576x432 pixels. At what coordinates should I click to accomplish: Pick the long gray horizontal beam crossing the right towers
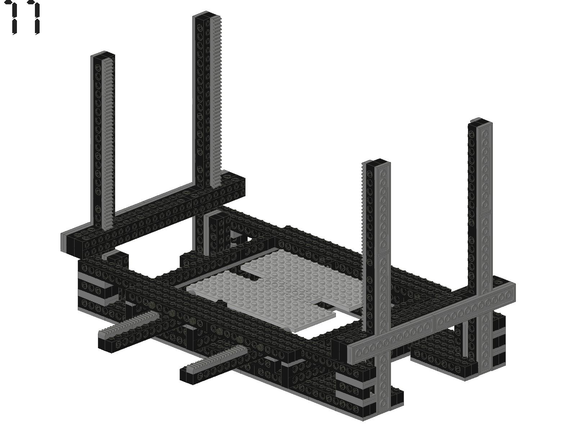(x=431, y=323)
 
